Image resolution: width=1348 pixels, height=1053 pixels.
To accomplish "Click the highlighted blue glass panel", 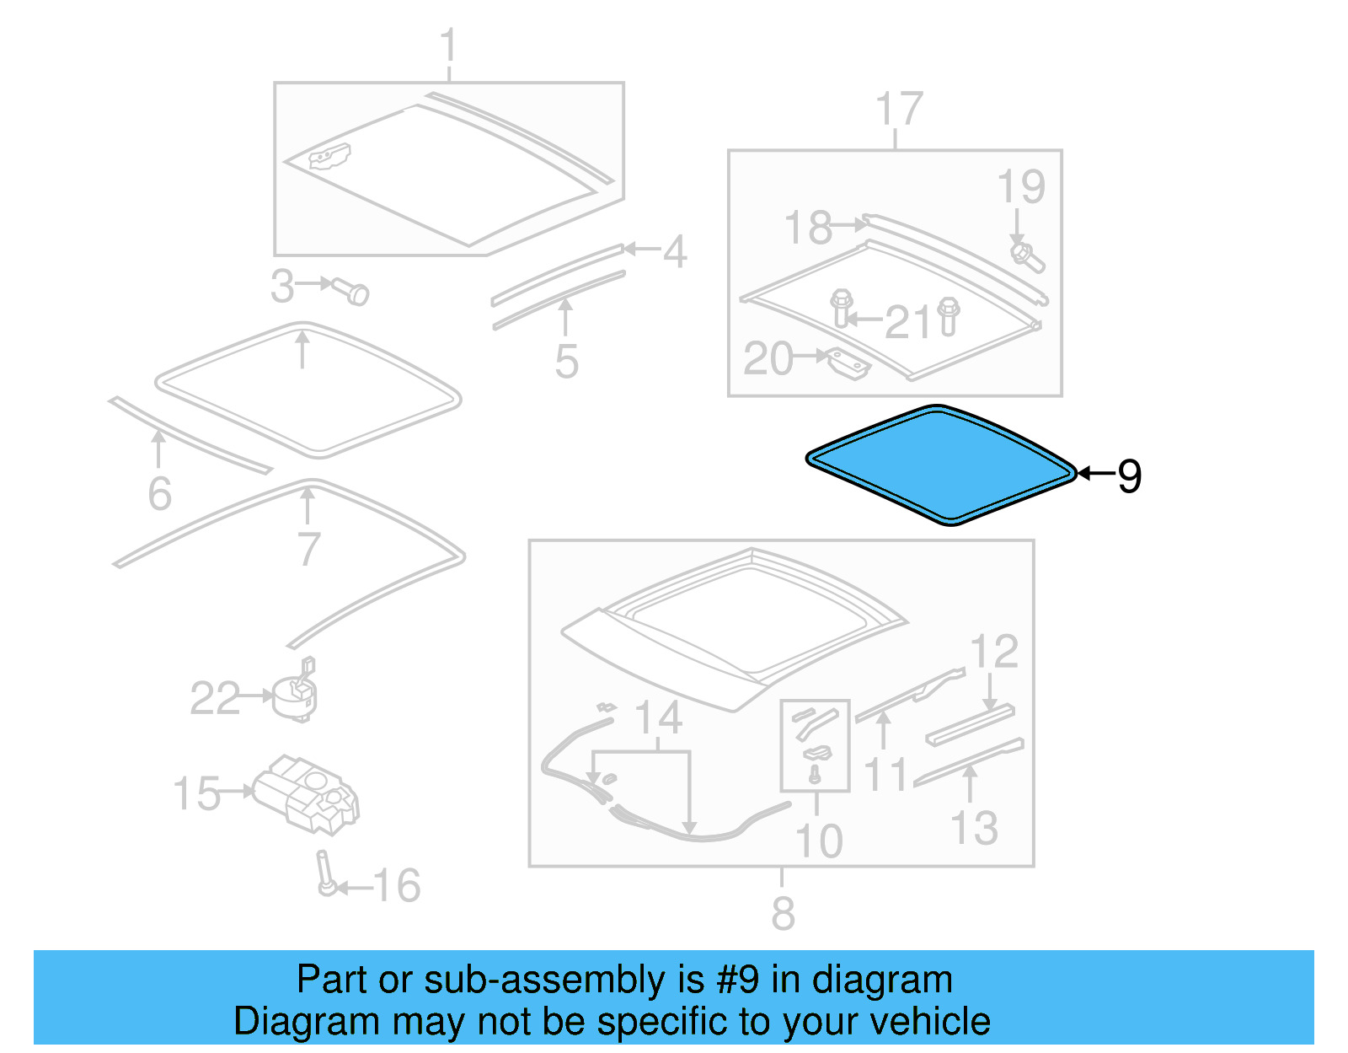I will (939, 465).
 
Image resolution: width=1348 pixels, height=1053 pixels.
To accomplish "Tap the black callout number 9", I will (1129, 476).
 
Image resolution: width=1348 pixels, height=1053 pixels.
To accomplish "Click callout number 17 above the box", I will (899, 110).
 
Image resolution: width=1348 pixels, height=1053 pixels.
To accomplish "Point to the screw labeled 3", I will (350, 291).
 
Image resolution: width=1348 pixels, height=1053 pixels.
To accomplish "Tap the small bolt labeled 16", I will (324, 875).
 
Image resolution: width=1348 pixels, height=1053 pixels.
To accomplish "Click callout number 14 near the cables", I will (658, 718).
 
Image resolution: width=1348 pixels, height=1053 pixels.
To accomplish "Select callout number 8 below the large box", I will (783, 914).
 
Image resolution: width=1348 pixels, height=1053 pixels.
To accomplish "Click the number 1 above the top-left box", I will (448, 46).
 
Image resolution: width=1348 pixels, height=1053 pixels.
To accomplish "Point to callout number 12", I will (994, 653).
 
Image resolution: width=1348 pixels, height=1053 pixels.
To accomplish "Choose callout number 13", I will (975, 829).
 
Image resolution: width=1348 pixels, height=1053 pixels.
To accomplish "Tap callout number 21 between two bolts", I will (908, 322).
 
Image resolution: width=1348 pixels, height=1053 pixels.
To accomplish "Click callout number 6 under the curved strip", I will (159, 494).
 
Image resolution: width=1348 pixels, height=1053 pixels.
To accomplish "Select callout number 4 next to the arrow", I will (674, 251).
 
